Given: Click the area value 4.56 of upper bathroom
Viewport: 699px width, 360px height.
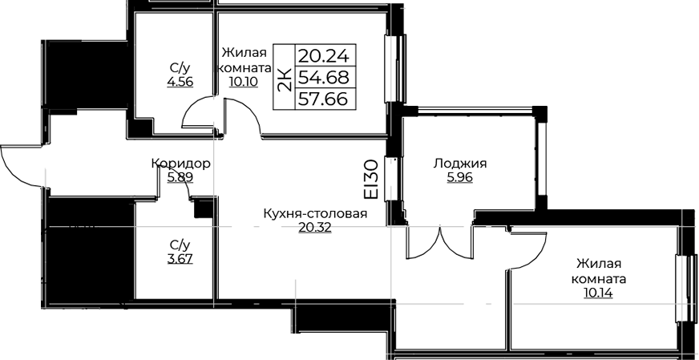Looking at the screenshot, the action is click(180, 82).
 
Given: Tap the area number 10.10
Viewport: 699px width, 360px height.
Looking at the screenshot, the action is click(244, 83).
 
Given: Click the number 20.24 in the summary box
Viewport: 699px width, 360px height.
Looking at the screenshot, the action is click(323, 57).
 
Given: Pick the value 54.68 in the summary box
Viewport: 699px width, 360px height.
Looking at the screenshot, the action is click(323, 78).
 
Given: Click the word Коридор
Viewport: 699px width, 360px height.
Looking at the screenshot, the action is click(180, 164).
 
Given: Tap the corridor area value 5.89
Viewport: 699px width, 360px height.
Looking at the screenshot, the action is click(180, 178).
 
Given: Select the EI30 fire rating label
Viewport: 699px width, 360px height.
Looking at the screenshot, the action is click(371, 180).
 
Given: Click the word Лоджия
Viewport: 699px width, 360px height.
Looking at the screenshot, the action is click(460, 164).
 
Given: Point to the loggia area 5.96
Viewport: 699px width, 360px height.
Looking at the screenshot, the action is click(460, 178).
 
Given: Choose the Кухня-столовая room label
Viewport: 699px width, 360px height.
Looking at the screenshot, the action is click(315, 214).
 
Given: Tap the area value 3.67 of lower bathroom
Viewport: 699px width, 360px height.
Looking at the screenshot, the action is click(180, 259).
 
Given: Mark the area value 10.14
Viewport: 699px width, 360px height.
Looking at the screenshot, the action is click(598, 293).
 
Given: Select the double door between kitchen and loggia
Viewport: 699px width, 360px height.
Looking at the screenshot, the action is click(439, 243).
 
